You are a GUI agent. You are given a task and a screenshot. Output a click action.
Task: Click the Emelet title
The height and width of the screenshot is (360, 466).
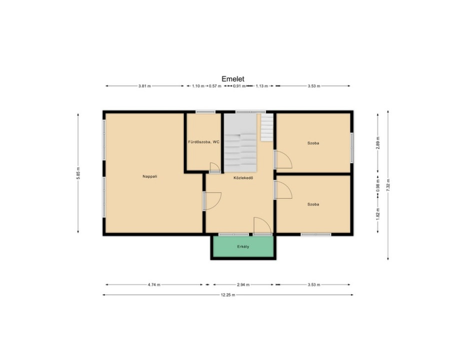point(233,79)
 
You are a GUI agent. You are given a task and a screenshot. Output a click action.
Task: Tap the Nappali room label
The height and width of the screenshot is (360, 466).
point(150,176)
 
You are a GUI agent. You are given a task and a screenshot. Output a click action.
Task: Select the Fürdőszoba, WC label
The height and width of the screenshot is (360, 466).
point(204,142)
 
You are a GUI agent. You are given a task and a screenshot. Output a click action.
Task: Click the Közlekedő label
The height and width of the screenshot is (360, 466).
point(243,178)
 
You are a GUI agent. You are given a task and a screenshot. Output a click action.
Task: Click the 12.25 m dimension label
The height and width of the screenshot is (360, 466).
point(228,295)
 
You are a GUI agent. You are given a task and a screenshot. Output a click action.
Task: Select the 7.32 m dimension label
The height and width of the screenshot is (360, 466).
point(388,185)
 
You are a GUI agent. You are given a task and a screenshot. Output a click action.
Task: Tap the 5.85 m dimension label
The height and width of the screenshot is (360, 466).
point(78,173)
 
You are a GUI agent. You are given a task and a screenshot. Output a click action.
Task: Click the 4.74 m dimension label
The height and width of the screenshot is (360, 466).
point(154,284)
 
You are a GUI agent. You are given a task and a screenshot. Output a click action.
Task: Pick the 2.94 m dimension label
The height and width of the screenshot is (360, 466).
point(243,284)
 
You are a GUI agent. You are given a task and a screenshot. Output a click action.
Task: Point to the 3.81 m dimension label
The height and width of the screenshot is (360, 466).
point(144,86)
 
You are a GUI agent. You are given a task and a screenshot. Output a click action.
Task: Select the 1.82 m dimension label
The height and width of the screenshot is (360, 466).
point(378,213)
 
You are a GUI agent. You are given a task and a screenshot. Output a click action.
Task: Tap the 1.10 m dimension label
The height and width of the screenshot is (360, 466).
point(198,86)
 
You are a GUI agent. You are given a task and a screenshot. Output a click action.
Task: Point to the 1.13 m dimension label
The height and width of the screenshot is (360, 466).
point(262,86)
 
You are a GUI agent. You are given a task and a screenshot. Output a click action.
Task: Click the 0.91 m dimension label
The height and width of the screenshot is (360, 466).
point(239,86)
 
